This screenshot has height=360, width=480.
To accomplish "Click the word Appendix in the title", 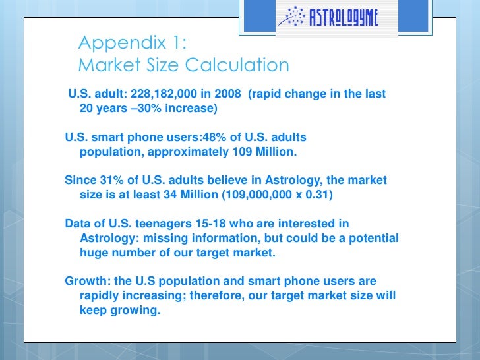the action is coord(122,43).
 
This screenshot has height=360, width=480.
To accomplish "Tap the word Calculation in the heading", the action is coord(237,65).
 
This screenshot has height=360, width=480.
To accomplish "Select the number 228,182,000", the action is coord(164,94).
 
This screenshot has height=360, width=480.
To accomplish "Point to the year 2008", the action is coord(227,94).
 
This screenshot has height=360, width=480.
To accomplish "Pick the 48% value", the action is coord(214,137).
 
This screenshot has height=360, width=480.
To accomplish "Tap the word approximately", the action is coord(189,152).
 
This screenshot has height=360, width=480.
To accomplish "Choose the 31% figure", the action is coord(111,180).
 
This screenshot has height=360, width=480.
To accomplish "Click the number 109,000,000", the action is coord(258,195).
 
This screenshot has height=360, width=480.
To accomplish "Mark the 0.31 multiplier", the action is coord(317,195).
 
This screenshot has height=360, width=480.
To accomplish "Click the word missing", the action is coord(165,239).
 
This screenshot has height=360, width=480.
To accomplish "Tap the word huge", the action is coord(94,253).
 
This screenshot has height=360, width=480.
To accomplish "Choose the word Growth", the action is coord(88,281).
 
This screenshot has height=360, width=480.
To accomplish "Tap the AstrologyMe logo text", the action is coord(344,17).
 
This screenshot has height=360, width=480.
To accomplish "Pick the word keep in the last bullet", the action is coord(93,310).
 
